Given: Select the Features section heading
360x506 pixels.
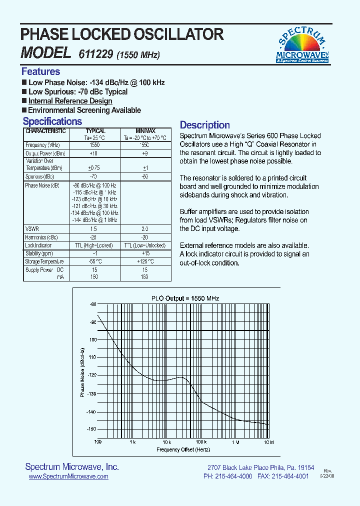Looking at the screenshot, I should tap(40, 71).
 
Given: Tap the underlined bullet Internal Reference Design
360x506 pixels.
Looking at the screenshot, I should tap(70, 101).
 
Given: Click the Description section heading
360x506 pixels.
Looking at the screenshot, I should tap(204, 125).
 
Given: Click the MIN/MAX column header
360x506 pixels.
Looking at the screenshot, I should tap(145, 131).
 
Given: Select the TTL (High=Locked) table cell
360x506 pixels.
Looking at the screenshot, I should tap(95, 245).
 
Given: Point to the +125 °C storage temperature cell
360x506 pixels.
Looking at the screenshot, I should tap(144, 261).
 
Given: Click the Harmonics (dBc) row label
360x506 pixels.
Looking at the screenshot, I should tap(41, 237).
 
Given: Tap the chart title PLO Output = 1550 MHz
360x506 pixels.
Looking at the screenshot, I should tap(185, 298).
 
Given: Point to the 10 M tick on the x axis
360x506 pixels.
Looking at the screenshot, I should tap(268, 442).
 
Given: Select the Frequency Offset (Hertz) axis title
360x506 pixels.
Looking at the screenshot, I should tap(183, 450).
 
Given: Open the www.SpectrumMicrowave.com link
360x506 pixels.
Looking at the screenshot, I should tap(68, 477).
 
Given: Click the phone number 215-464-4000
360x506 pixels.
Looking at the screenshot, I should tap(234, 476).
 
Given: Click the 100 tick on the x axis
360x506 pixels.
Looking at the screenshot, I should tap(97, 442).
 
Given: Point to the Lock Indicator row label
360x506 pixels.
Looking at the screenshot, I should tap(38, 245).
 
